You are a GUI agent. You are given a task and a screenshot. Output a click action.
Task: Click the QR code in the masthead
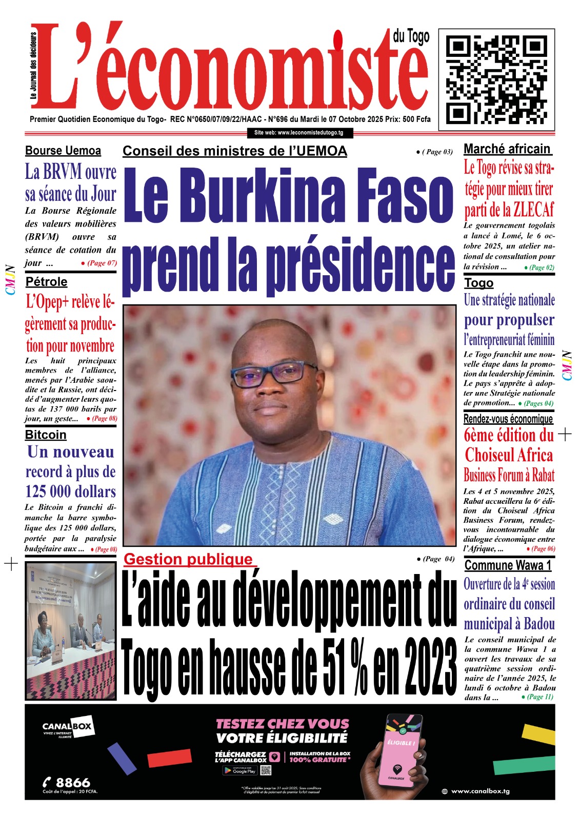pyautogui.click(x=496, y=77)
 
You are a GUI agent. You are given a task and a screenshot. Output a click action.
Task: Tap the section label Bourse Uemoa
pyautogui.click(x=63, y=151)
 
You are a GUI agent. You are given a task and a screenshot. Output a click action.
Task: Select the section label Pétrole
pyautogui.click(x=47, y=282)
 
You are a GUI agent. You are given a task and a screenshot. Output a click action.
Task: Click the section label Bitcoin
pyautogui.click(x=46, y=435)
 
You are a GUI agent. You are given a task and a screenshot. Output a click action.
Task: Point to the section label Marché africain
pyautogui.click(x=507, y=149)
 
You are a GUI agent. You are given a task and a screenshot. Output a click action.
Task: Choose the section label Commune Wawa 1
pyautogui.click(x=508, y=565)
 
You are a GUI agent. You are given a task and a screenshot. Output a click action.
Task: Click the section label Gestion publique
pyautogui.click(x=188, y=559)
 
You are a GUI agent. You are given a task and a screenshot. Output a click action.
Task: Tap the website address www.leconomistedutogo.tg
pyautogui.click(x=299, y=133)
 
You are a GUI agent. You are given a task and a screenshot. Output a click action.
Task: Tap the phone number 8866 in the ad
pyautogui.click(x=72, y=782)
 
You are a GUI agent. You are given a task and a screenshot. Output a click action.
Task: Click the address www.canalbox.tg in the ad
pyautogui.click(x=480, y=791)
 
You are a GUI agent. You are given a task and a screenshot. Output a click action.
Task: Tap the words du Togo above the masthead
pyautogui.click(x=411, y=36)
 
